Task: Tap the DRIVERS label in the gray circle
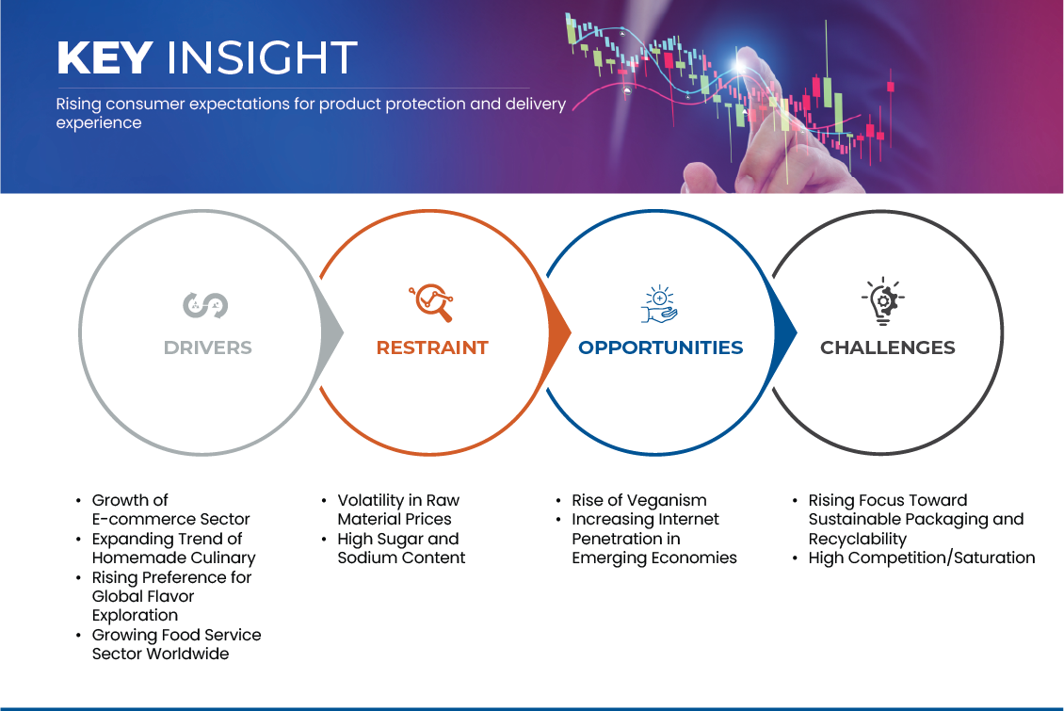(208, 347)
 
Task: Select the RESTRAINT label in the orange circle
(432, 347)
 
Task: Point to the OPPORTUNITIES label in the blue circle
(660, 347)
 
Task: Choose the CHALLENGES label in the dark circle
(888, 347)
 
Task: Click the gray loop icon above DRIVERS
(205, 305)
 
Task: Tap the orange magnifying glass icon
(431, 302)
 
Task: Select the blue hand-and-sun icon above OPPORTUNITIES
(659, 304)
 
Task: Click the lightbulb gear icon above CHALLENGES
(883, 300)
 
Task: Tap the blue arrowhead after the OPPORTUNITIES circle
(785, 332)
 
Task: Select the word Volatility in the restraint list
(370, 501)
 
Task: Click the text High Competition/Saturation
(922, 557)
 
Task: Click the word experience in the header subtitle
(98, 122)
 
